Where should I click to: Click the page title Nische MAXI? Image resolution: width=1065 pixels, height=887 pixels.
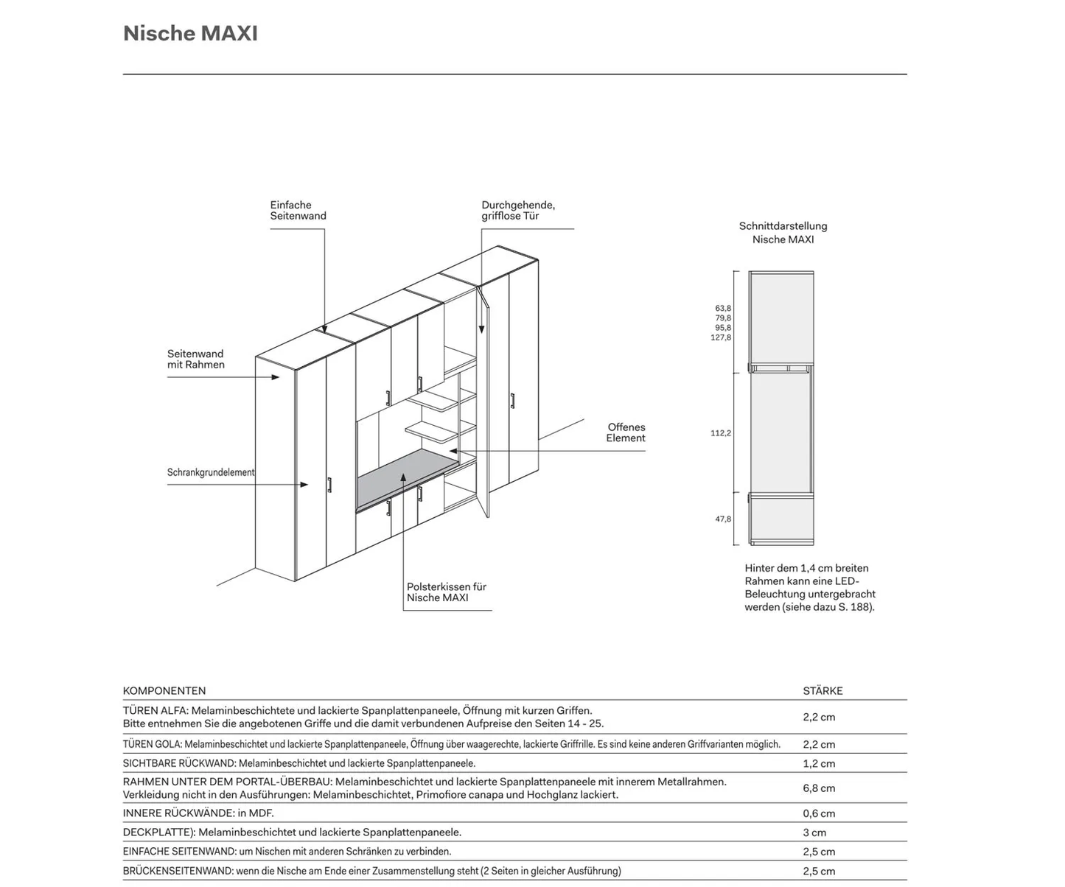(190, 34)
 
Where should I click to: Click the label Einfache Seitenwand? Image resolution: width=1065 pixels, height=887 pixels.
(298, 211)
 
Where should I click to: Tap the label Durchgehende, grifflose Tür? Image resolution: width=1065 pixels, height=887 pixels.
(518, 211)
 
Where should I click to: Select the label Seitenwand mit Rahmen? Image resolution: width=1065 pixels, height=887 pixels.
(195, 360)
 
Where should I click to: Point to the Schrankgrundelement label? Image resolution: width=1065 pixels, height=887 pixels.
(211, 472)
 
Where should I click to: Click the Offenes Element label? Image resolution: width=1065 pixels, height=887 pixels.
(626, 432)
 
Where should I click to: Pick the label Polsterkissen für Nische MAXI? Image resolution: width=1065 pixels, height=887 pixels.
(447, 592)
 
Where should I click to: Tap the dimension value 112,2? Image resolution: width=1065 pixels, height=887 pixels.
(721, 433)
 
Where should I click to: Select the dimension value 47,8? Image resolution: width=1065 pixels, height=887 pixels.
(723, 519)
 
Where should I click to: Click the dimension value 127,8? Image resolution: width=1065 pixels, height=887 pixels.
(721, 337)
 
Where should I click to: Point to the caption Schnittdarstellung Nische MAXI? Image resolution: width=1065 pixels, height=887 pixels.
(783, 233)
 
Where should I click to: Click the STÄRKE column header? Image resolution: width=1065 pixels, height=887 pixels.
(823, 691)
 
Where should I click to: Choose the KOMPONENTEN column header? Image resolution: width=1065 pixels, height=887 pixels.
(164, 691)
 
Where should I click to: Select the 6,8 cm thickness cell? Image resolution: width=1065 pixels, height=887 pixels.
(819, 788)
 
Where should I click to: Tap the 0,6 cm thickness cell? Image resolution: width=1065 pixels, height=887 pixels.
(819, 813)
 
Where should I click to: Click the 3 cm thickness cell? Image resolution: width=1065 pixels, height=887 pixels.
(814, 832)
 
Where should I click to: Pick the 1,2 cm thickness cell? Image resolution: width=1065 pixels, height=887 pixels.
(819, 764)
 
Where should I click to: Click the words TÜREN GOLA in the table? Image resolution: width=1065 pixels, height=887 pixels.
(152, 745)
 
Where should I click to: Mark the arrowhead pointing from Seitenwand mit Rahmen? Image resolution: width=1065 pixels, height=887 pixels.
(276, 377)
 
